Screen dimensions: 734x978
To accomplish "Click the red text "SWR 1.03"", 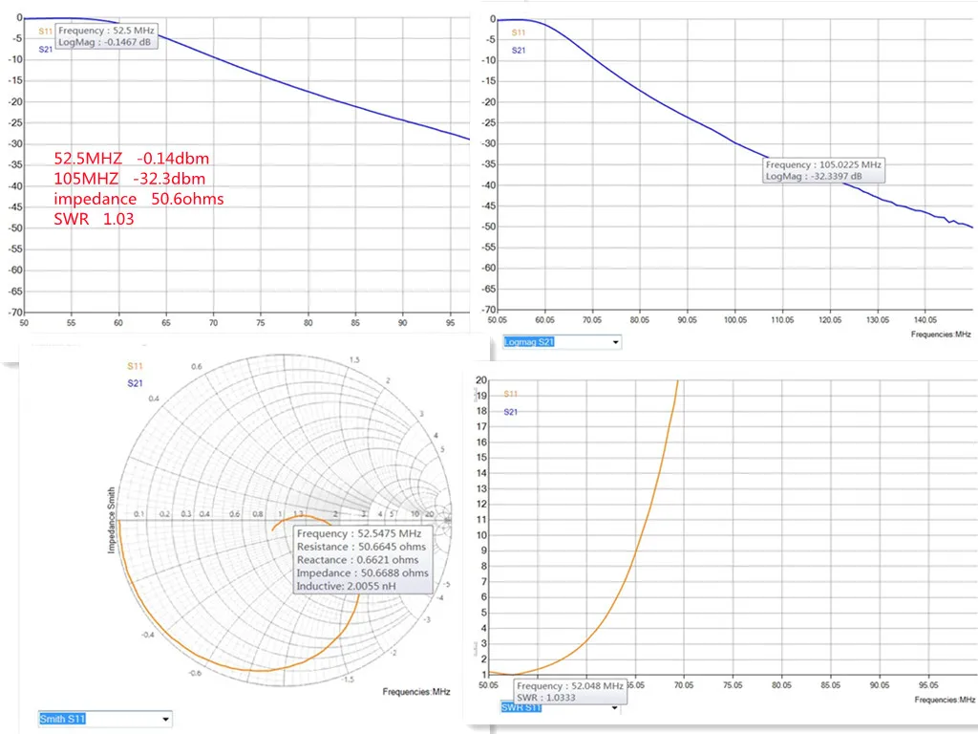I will (x=94, y=219).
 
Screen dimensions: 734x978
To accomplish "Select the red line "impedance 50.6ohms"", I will (x=138, y=199).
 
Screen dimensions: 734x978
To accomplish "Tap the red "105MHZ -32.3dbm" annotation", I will (x=129, y=179).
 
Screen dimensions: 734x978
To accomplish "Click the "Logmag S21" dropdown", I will (x=562, y=341).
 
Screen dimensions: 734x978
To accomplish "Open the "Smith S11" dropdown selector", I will (x=105, y=719).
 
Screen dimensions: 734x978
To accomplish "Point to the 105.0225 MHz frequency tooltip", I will (x=824, y=164).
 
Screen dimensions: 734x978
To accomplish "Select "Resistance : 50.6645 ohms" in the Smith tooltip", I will (x=361, y=547).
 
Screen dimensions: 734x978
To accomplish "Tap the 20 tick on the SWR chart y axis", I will (x=481, y=380).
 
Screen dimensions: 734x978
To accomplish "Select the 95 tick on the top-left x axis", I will (x=448, y=323).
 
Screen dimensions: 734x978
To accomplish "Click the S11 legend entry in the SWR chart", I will (x=511, y=393).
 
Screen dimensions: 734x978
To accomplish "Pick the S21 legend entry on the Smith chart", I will (x=135, y=382).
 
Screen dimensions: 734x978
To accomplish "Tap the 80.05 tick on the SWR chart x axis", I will (x=781, y=685).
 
